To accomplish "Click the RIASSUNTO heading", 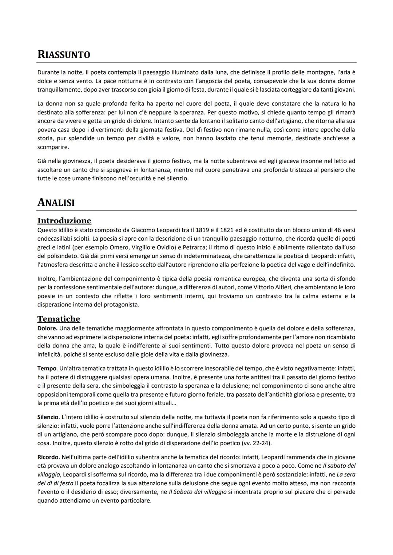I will [x=64, y=55].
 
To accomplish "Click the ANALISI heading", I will [x=56, y=202].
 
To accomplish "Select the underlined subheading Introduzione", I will [x=64, y=221].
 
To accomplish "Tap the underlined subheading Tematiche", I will [x=59, y=319].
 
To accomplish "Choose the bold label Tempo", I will [x=47, y=369].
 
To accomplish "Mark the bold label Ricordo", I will [x=48, y=457].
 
